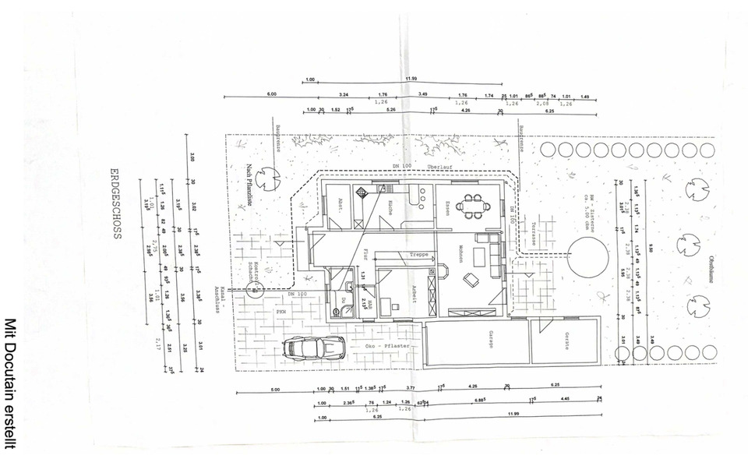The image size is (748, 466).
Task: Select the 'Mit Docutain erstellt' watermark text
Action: pos(11,381)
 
